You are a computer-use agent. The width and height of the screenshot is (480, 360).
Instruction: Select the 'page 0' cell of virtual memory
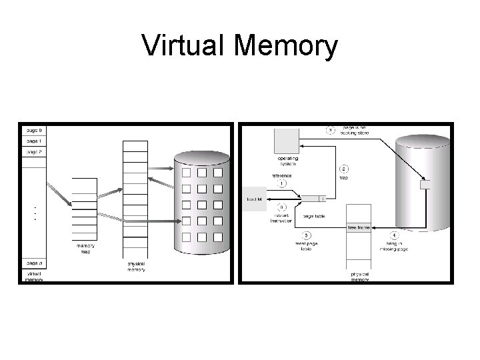[34, 129]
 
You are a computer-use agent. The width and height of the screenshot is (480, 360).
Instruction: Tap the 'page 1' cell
[34, 141]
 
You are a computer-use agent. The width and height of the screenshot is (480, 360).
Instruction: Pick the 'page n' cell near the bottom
[34, 262]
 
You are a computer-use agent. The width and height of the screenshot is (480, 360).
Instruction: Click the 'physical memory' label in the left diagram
[135, 267]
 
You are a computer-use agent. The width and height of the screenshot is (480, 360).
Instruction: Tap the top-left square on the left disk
[187, 173]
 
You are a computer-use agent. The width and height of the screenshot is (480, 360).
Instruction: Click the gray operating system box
[287, 141]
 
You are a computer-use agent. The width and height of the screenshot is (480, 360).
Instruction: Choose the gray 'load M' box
[255, 199]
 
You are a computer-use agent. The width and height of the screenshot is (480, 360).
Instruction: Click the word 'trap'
[344, 177]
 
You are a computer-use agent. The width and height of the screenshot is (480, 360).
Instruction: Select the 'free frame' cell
[359, 228]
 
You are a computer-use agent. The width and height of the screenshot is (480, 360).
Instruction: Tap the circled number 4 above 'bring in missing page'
[394, 235]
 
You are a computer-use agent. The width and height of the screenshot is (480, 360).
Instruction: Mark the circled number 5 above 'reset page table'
[305, 235]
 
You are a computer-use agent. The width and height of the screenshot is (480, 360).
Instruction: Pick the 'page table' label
[313, 215]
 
